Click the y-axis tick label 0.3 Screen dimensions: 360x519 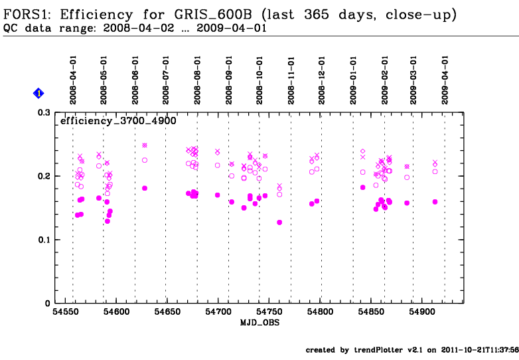click(44, 113)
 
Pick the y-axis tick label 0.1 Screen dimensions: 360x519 click(44, 240)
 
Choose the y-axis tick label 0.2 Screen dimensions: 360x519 click(44, 176)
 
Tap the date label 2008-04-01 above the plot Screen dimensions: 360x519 click(73, 78)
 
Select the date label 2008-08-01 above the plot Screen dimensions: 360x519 click(197, 78)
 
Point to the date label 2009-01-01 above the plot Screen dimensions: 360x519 click(353, 78)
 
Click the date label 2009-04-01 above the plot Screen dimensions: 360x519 click(445, 78)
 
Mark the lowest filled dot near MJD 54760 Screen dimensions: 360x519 click(279, 223)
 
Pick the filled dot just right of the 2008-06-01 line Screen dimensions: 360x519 click(145, 188)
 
